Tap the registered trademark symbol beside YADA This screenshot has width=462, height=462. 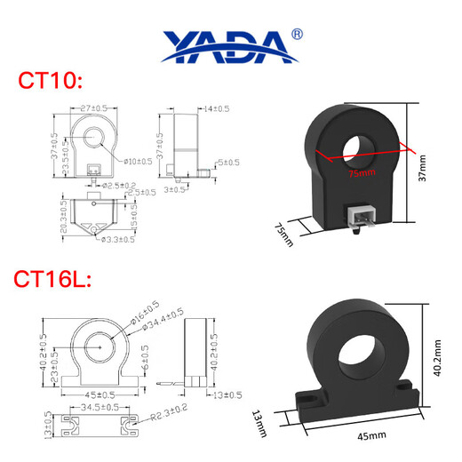click(x=297, y=35)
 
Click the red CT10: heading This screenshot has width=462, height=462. click(x=51, y=82)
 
